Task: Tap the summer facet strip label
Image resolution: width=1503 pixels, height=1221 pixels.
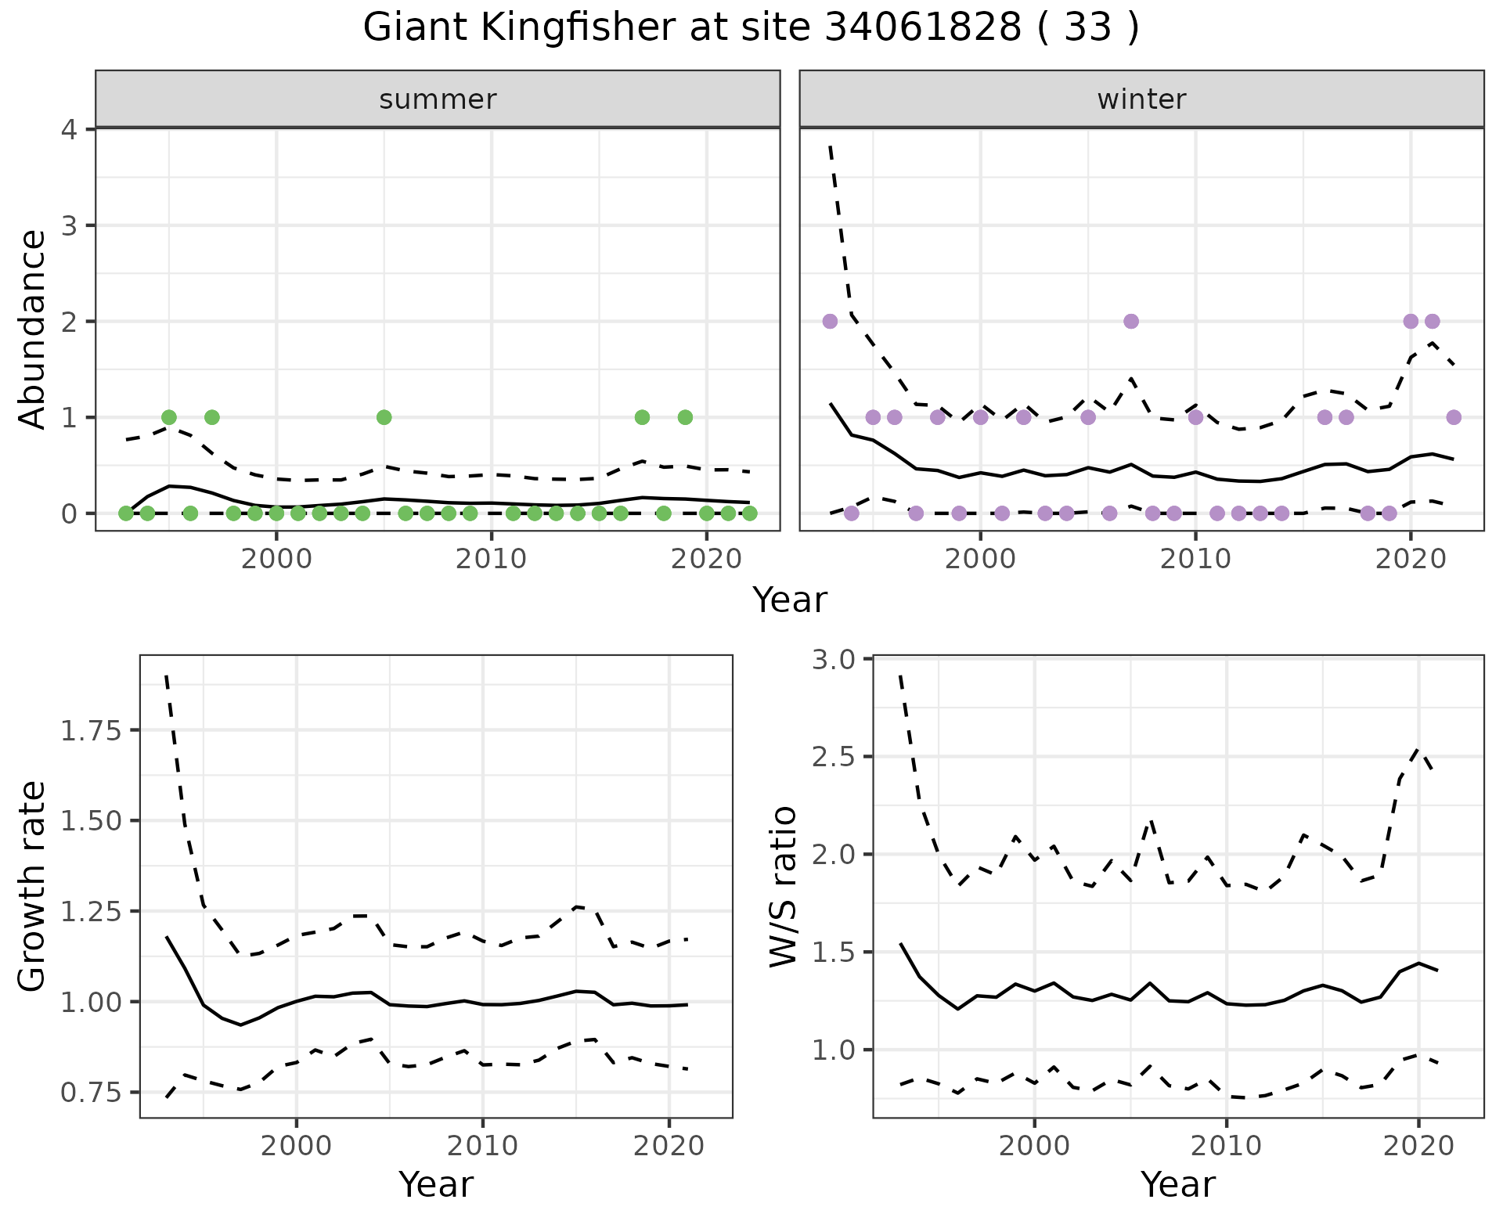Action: (438, 99)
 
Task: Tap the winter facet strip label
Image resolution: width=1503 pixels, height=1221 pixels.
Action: (1141, 99)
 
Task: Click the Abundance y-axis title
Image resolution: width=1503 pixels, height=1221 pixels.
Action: (32, 329)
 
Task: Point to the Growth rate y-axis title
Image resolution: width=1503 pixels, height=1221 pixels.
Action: (32, 886)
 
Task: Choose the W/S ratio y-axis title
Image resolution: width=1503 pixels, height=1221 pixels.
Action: (783, 886)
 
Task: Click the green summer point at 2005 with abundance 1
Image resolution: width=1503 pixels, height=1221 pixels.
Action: (384, 417)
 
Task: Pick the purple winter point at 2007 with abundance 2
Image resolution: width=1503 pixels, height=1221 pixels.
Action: (1130, 321)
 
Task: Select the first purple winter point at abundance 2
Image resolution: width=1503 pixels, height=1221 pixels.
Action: (831, 321)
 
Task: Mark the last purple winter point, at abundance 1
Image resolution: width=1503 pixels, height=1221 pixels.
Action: (1454, 417)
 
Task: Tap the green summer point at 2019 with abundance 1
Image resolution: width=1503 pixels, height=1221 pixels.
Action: (685, 417)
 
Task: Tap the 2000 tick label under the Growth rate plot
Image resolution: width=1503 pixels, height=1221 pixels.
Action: (296, 1147)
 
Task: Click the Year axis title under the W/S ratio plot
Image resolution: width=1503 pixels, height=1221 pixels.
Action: (1177, 1185)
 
